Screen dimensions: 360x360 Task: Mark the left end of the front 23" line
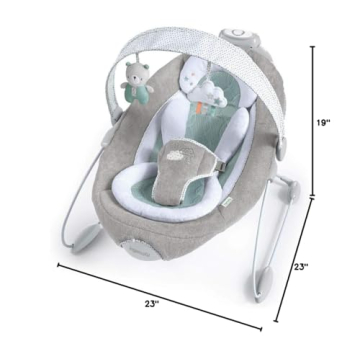point(57,265)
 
